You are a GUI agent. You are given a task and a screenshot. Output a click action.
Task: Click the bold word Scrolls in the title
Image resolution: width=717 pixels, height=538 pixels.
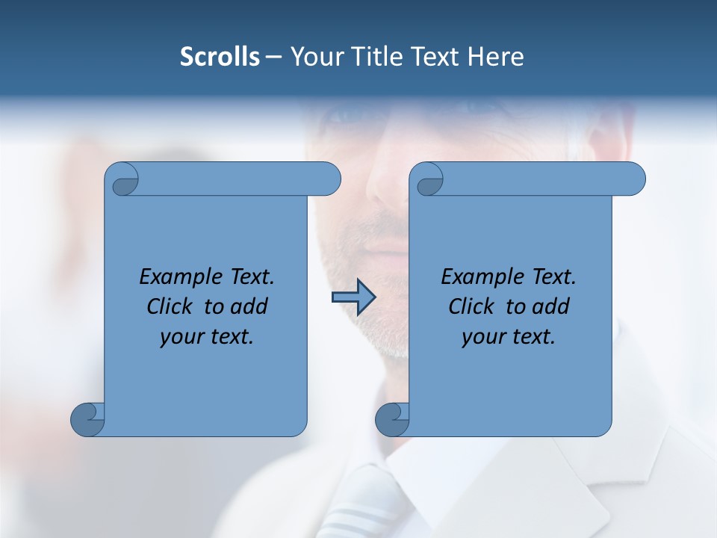pyautogui.click(x=220, y=57)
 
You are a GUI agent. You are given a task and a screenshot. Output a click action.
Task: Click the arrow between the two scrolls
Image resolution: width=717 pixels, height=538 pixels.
pyautogui.click(x=353, y=297)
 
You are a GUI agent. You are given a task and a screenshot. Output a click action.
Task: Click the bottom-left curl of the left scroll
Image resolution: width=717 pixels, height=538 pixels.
pyautogui.click(x=88, y=419)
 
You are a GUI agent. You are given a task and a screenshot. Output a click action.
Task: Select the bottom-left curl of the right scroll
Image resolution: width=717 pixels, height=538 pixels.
pyautogui.click(x=393, y=419)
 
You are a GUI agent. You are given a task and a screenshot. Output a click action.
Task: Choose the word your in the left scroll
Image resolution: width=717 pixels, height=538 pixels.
pyautogui.click(x=180, y=337)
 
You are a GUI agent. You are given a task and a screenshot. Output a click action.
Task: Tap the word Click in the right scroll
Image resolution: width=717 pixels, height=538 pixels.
pyautogui.click(x=471, y=306)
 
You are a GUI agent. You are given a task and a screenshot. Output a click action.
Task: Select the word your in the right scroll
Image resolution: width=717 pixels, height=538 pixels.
pyautogui.click(x=482, y=337)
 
